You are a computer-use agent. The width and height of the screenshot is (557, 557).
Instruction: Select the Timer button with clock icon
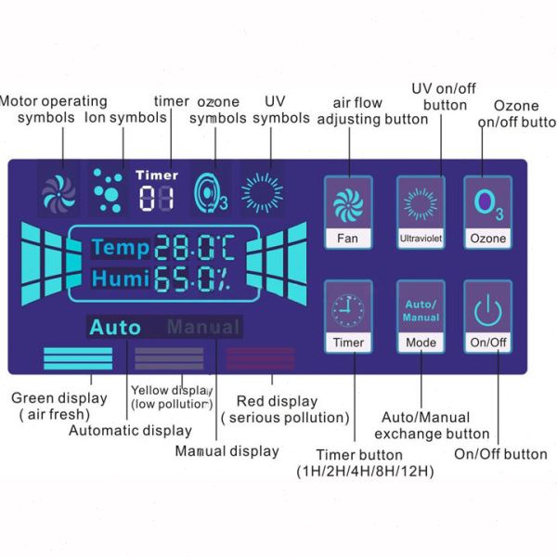tap(346, 317)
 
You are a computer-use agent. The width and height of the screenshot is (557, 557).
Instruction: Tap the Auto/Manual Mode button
tap(421, 317)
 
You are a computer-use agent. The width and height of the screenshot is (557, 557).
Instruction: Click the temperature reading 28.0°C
tap(195, 248)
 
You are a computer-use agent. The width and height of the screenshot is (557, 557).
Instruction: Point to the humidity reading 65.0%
tap(195, 278)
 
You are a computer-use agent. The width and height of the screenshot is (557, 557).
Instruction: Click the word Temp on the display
tap(120, 248)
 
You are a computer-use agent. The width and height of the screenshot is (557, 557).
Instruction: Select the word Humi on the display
tap(120, 278)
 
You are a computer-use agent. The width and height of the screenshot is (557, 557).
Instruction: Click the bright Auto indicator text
tap(115, 328)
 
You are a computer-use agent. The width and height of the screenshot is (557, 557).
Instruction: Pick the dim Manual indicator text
tap(203, 328)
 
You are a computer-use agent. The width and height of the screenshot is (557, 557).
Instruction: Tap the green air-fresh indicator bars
tap(78, 359)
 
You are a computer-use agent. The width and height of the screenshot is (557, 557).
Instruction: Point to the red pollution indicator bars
tap(260, 359)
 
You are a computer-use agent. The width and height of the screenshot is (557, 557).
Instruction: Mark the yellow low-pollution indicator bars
tap(169, 359)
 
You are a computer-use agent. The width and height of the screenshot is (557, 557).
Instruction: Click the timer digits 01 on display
tap(156, 198)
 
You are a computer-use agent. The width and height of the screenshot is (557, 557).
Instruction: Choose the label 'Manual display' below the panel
tap(227, 451)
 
